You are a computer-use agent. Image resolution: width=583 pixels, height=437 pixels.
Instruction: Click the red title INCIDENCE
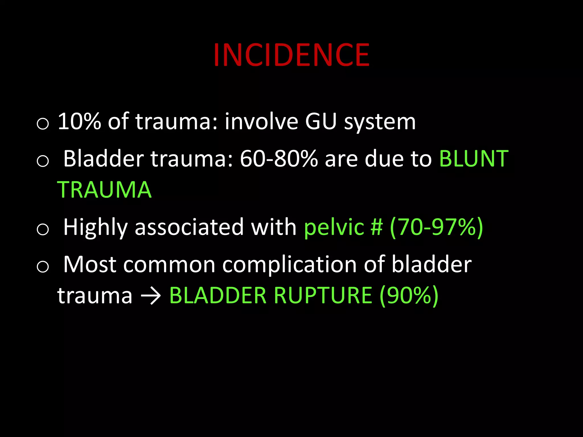291,55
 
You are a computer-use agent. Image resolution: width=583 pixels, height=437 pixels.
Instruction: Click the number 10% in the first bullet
79,121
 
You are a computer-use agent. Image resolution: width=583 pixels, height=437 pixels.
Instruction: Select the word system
380,122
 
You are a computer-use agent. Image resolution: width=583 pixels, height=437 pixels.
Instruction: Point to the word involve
261,121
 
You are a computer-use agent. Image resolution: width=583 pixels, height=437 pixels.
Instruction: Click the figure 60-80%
279,158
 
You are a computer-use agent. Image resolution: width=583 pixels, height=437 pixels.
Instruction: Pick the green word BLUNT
474,158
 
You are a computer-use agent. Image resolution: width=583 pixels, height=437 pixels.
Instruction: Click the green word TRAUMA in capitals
104,190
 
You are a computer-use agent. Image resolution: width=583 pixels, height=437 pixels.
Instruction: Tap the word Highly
95,228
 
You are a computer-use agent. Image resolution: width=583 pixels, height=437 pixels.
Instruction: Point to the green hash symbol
376,227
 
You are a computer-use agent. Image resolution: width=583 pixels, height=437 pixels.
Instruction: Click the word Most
90,265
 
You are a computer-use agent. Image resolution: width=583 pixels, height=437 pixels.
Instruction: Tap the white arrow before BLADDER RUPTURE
151,296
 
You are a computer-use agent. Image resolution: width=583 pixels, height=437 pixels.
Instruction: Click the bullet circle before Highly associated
43,229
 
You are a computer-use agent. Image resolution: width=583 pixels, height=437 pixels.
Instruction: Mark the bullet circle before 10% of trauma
43,124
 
